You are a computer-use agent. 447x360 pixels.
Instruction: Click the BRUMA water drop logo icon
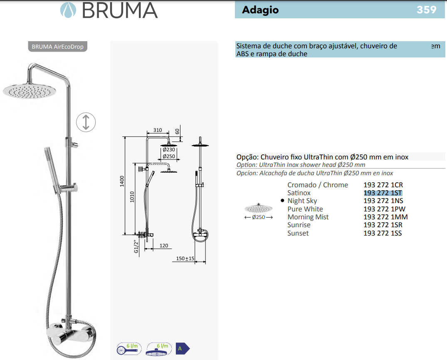pyautogui.click(x=68, y=10)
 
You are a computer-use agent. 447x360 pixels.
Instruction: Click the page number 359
pyautogui.click(x=426, y=10)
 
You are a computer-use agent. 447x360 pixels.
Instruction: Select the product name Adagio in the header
pyautogui.click(x=260, y=10)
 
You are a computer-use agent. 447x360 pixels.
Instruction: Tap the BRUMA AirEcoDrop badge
pyautogui.click(x=57, y=47)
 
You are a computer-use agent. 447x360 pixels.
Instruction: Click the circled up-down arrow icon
pyautogui.click(x=86, y=122)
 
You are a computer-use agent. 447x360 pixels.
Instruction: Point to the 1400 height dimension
pyautogui.click(x=122, y=181)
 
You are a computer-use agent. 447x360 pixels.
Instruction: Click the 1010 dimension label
pyautogui.click(x=132, y=197)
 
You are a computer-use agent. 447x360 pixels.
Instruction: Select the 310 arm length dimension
pyautogui.click(x=158, y=130)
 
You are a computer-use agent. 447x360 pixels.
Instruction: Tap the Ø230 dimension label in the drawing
pyautogui.click(x=169, y=149)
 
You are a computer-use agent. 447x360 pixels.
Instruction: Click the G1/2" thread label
pyautogui.click(x=136, y=246)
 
